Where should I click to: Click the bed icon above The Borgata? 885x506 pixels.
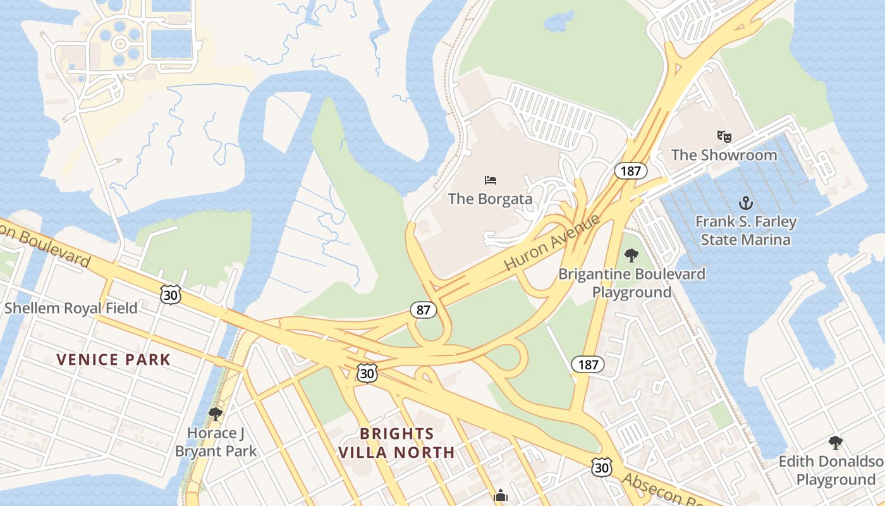pos(491,180)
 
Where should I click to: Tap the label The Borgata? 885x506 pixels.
pos(490,199)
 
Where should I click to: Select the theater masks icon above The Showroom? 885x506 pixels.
pos(724,136)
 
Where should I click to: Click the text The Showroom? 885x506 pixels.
pos(724,155)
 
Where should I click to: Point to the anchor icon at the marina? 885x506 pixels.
pos(746,203)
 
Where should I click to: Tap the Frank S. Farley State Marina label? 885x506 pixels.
pos(746,231)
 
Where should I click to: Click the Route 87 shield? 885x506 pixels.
pos(423,310)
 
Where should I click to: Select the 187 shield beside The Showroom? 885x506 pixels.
pos(631,171)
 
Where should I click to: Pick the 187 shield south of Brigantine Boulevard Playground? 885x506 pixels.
pos(588,364)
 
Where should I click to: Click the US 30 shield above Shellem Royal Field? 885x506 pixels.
pos(171,294)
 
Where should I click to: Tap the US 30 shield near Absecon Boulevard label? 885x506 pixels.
pos(602,467)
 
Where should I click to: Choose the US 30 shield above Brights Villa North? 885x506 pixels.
pos(367,373)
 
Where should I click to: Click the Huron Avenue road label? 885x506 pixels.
pos(552,242)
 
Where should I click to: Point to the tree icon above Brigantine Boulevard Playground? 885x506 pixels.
pos(631,256)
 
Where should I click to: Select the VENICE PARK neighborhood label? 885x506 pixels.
pos(113,360)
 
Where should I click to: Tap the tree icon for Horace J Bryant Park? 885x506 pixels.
pos(216,414)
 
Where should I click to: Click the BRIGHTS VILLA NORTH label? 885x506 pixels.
pos(396,443)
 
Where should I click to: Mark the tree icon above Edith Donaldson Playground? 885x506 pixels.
pos(836,442)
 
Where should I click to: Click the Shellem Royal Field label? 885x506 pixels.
pos(71,309)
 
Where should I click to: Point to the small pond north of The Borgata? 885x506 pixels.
pos(559,22)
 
